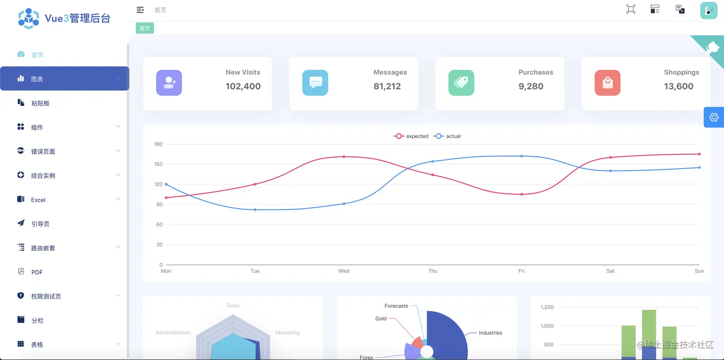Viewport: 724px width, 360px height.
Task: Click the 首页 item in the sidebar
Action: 37,55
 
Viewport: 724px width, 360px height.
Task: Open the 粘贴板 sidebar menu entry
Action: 40,103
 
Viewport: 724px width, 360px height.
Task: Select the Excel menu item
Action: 38,200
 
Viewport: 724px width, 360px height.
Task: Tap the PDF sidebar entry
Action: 37,272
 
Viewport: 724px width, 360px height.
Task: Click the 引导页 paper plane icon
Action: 21,223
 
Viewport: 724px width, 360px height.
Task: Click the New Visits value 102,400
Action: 243,86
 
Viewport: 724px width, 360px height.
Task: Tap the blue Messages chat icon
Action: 315,83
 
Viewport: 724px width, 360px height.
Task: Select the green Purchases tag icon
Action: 461,83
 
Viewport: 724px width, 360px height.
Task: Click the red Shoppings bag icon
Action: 607,83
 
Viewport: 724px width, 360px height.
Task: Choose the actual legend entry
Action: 447,136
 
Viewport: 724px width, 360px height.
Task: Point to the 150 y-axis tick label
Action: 158,164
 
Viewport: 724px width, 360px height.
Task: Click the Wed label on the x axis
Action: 344,271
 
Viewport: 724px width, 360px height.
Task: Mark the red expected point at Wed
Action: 344,157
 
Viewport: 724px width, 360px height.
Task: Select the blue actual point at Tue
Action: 255,210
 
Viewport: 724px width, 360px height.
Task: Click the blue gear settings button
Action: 713,117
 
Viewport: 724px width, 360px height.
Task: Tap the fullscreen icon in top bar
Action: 631,9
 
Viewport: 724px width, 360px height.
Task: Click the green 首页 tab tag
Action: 145,28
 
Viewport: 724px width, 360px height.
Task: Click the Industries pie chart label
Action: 490,333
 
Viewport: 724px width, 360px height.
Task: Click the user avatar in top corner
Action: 708,10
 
